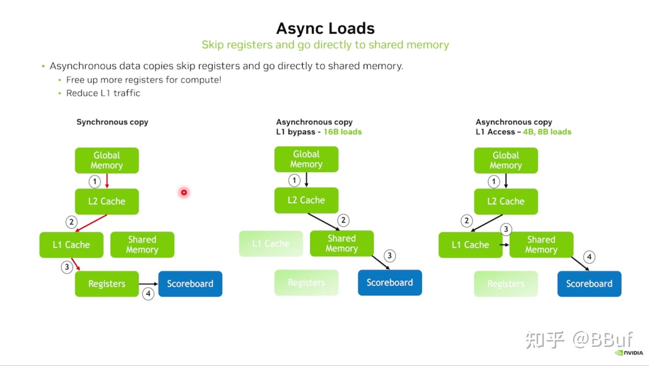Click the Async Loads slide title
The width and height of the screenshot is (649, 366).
pos(325,28)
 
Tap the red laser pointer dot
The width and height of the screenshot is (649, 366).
pos(184,192)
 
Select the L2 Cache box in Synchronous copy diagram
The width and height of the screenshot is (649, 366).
pos(107,201)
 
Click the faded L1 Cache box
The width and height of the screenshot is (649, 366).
pos(271,244)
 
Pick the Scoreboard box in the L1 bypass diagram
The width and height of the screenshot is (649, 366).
pos(390,282)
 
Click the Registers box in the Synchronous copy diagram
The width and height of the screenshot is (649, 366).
pos(107,284)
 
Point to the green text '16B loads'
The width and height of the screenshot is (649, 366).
pos(343,132)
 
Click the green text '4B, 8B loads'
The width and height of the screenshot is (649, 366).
pos(547,132)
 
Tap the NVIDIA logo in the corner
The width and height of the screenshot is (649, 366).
pos(629,353)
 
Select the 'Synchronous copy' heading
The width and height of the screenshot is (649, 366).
pos(112,122)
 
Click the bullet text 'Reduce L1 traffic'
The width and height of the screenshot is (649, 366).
pos(103,93)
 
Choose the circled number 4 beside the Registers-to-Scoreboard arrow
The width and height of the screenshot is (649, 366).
pos(148,293)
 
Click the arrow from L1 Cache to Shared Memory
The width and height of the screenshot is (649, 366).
pos(504,245)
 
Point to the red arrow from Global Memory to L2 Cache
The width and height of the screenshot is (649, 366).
pos(107,181)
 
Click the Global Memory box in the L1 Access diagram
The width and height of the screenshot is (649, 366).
pos(506,160)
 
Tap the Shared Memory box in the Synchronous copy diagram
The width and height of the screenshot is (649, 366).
pos(142,245)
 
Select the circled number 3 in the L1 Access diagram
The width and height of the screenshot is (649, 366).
pos(506,229)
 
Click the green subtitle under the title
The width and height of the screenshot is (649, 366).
pos(325,45)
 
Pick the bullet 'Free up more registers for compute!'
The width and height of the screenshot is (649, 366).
pos(143,80)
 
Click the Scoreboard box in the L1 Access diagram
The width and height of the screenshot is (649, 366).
pos(589,284)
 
